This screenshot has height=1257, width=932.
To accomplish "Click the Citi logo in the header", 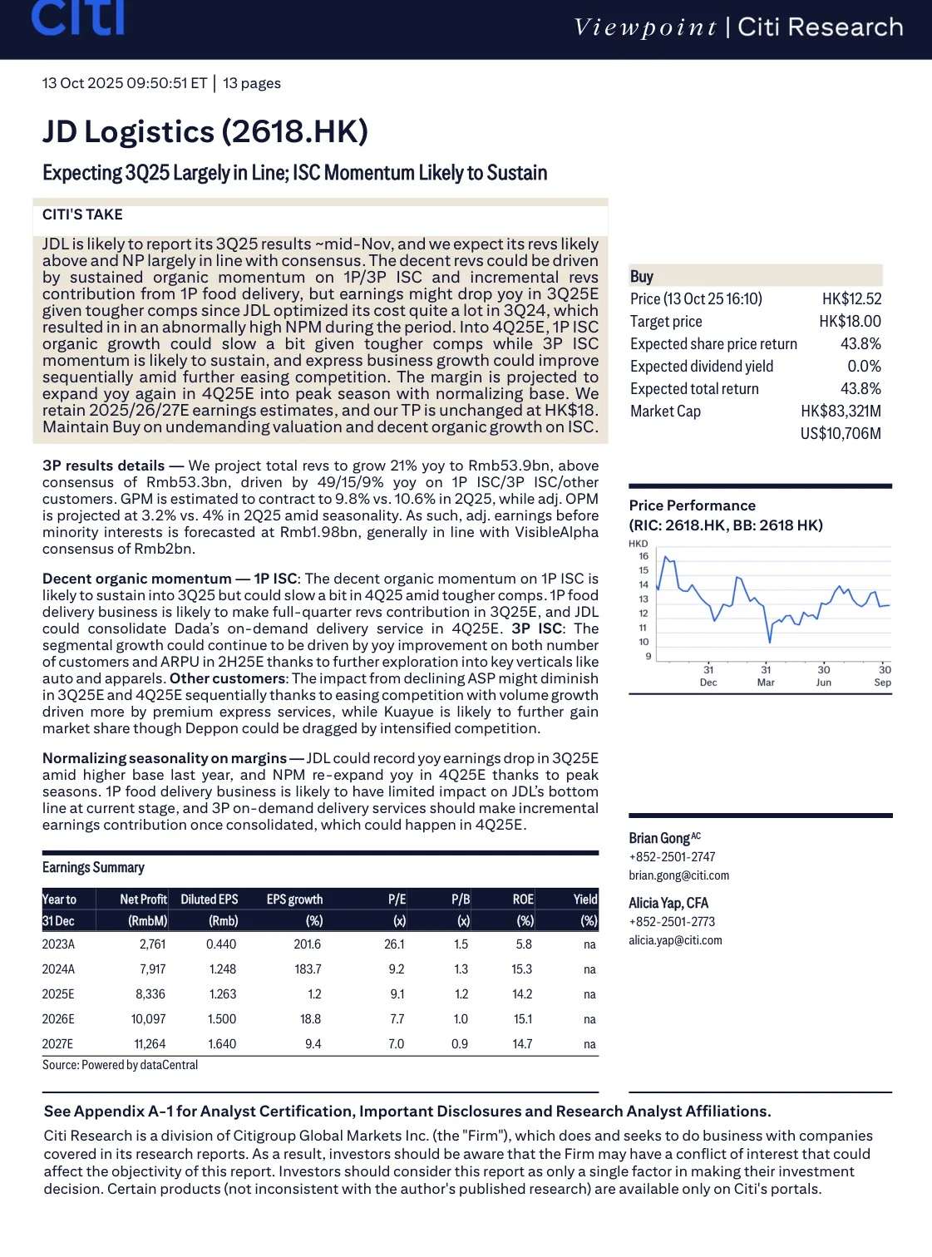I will coord(77,18).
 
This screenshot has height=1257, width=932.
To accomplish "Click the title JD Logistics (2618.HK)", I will coord(205,132).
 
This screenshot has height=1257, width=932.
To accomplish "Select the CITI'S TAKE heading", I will coord(82,214).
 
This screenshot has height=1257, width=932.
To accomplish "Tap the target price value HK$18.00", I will coord(850,322).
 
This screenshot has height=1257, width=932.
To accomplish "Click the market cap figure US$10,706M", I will coord(840,434).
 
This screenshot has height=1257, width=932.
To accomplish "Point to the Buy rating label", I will coord(642,277).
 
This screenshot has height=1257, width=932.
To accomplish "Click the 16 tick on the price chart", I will coord(644,556).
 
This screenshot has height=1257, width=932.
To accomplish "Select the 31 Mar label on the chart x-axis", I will coord(766,676).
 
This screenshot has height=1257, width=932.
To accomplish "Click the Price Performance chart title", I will coord(692,505).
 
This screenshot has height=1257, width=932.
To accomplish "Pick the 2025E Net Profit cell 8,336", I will coord(150,994).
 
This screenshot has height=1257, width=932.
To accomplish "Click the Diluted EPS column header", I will coord(210,900).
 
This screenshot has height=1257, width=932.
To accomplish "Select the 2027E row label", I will coord(58,1044).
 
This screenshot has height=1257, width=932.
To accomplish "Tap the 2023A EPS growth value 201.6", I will coord(308,944).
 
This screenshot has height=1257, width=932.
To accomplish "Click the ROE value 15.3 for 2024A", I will coord(522,969).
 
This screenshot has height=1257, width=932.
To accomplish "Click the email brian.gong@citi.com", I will coord(678,875).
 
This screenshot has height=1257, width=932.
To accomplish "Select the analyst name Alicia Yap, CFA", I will coord(668,903).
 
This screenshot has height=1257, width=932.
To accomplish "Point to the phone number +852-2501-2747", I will coord(672,857).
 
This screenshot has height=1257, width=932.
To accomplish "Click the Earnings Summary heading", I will coord(93,867).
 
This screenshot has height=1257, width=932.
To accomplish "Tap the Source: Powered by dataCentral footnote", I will coord(121,1065).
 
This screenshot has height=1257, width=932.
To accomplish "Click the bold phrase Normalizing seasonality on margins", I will coord(165,758).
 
